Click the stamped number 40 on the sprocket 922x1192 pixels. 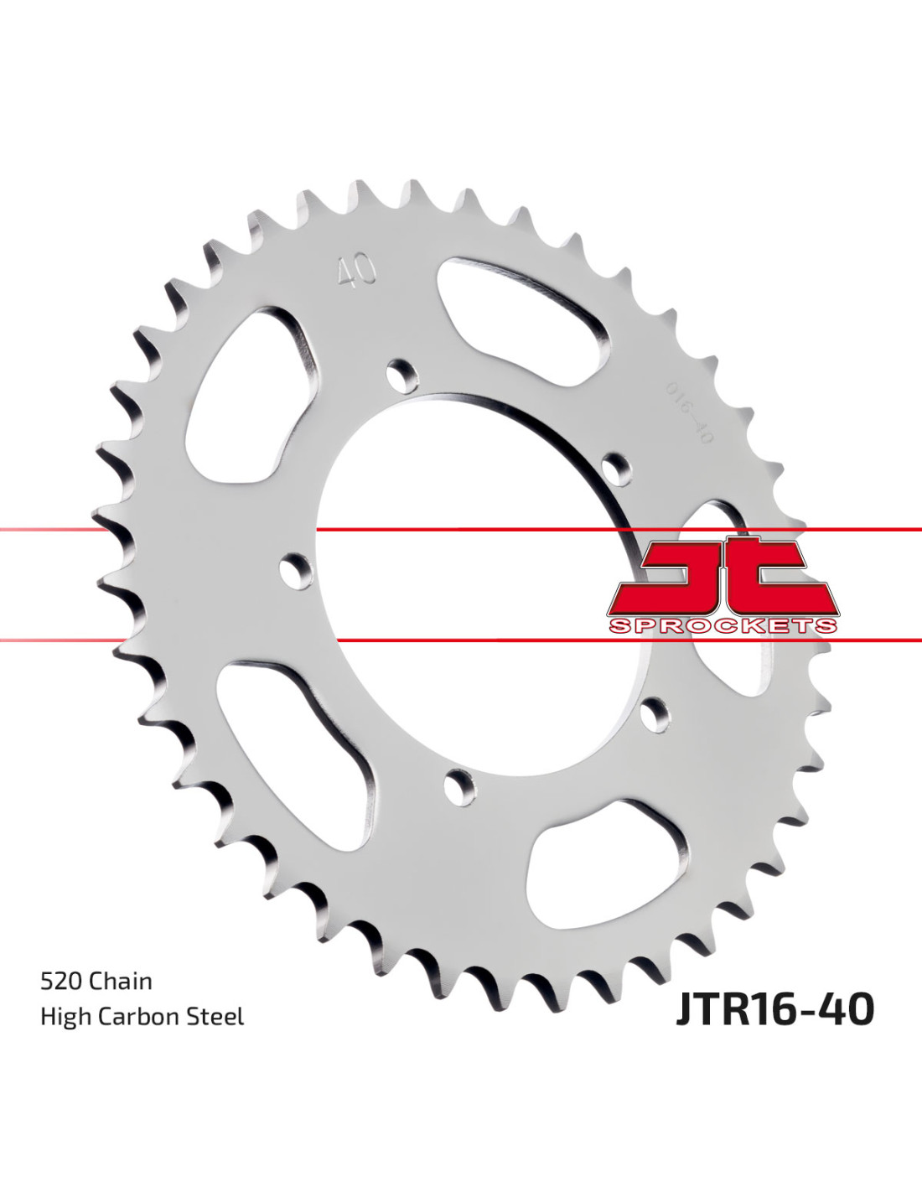click(356, 271)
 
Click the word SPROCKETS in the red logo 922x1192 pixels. click(723, 625)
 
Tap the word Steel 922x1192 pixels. click(216, 1017)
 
